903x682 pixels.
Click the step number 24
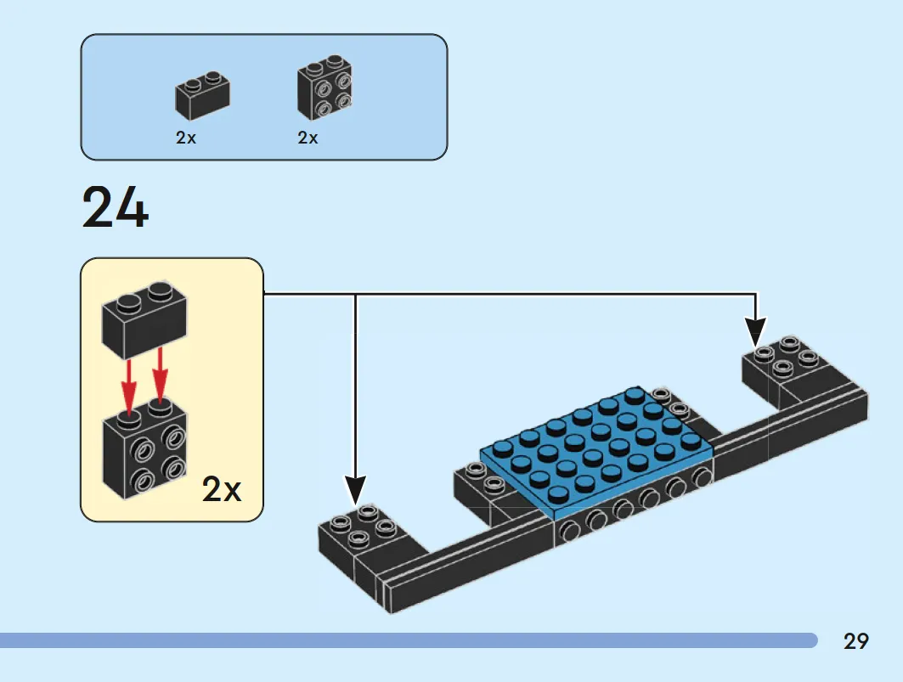coord(116,206)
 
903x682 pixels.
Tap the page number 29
coord(855,641)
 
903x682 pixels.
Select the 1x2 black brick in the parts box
coord(202,96)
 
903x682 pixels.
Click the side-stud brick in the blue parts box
coord(325,87)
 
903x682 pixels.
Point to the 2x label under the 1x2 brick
coord(186,138)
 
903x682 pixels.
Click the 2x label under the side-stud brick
coord(308,138)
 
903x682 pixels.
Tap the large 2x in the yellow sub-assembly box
coord(222,489)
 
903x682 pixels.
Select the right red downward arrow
coord(160,374)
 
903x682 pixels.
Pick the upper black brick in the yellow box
coord(144,319)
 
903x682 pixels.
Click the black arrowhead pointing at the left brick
coord(356,490)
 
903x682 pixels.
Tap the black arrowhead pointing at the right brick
coord(755,332)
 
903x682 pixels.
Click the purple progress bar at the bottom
coord(409,640)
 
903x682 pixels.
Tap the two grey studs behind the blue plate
coord(669,402)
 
